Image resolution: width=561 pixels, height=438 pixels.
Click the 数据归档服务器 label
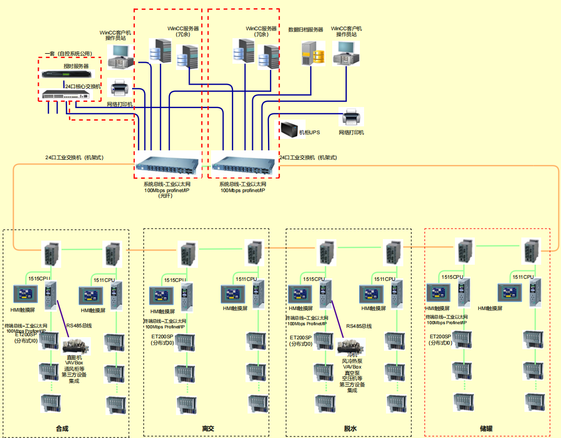306,30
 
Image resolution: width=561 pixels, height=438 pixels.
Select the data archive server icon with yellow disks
312,53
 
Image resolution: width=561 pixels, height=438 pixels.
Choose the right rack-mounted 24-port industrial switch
243,165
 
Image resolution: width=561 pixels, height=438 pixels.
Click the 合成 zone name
62,429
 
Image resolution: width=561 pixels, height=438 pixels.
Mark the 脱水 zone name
350,429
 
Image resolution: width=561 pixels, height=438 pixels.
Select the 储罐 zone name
486,429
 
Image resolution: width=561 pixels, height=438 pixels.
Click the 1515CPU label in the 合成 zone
39,279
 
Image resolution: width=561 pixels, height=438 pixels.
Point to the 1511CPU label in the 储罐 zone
523,277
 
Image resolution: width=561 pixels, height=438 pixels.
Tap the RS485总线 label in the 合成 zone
79,326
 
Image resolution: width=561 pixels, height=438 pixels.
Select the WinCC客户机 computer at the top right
346,52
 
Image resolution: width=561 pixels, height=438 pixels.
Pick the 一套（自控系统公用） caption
68,53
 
